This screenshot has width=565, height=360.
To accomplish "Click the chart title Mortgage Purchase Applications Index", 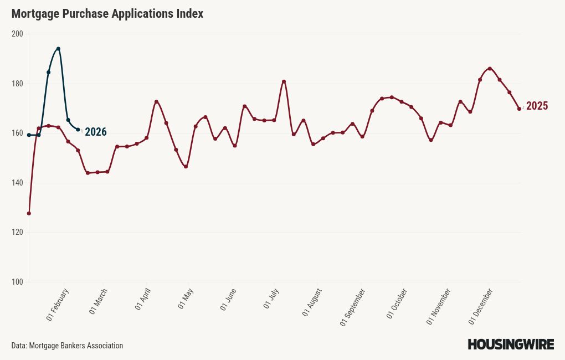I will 107,14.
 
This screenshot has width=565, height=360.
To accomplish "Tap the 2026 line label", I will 95,132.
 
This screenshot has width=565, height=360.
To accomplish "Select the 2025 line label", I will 537,106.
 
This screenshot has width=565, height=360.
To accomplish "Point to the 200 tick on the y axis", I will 17,34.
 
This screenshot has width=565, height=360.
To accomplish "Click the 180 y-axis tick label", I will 17,84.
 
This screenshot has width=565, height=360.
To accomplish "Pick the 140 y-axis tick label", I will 17,183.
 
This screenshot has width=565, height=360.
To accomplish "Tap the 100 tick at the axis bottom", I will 17,282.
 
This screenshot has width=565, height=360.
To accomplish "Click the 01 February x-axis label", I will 58,305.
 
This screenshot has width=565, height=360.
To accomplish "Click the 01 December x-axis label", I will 481,306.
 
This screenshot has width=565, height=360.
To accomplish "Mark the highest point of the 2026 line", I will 58,49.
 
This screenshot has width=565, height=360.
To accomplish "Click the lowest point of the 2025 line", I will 29,213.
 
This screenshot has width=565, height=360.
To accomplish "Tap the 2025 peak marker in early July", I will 284,81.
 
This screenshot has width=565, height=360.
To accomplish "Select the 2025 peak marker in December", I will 490,69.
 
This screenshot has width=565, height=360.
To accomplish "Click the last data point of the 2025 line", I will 519,109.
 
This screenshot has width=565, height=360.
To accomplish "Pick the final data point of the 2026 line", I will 78,130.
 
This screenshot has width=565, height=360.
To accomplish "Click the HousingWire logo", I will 510,344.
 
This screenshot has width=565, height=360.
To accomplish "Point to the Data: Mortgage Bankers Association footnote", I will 67,346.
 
